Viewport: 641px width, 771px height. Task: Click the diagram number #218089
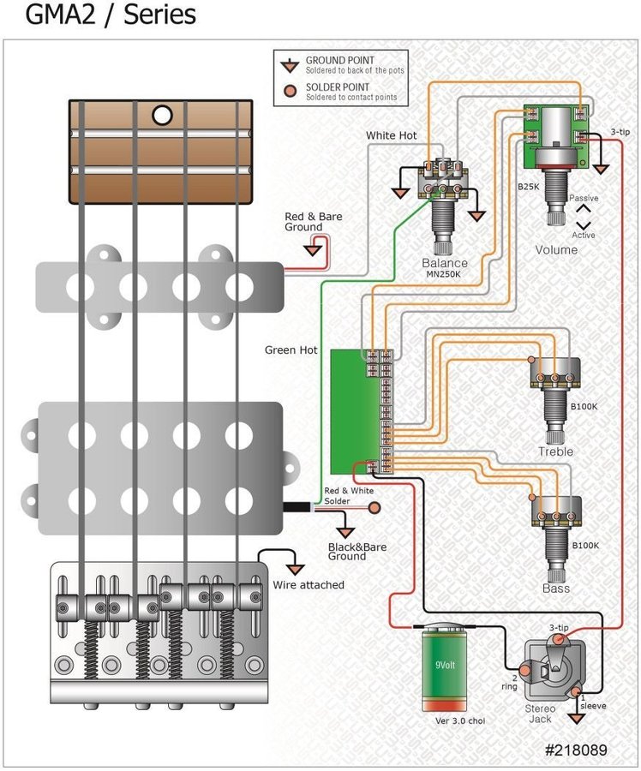click(576, 749)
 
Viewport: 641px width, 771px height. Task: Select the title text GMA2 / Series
click(99, 15)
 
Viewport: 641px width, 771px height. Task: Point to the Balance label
click(445, 263)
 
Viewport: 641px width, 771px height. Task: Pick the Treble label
click(555, 451)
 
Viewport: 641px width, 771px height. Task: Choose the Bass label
click(555, 589)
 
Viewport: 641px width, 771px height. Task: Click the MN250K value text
click(446, 275)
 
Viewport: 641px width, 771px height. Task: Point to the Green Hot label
click(291, 350)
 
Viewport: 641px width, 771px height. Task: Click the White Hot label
click(392, 135)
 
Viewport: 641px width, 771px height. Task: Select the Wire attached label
click(309, 585)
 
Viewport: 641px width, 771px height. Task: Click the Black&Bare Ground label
click(347, 551)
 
